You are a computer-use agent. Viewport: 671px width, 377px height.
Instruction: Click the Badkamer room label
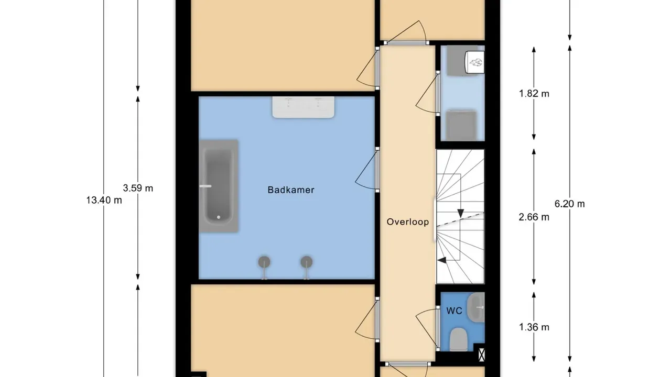291,190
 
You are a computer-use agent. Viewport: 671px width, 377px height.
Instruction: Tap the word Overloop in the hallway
407,222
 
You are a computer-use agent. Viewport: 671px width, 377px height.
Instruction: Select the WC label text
454,311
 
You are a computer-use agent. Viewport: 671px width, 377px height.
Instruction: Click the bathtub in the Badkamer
219,185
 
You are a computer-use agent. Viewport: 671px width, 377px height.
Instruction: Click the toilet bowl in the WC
458,338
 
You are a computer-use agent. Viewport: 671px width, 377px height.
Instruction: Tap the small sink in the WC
477,307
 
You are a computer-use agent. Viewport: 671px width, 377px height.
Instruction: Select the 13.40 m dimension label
104,199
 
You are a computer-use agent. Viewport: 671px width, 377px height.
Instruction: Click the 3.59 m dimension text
138,188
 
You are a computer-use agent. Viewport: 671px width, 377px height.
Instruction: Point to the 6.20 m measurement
569,204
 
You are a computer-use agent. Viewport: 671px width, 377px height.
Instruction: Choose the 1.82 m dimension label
534,94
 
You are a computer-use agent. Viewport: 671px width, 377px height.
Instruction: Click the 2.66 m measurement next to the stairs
534,217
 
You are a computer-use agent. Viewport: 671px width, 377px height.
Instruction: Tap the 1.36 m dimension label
534,328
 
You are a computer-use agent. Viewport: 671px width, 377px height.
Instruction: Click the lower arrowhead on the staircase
442,260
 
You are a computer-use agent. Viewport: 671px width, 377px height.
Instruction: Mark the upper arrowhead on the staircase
460,213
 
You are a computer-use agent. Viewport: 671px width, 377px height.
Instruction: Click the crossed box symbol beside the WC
481,354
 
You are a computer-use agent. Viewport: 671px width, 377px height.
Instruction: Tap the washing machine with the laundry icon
475,62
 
